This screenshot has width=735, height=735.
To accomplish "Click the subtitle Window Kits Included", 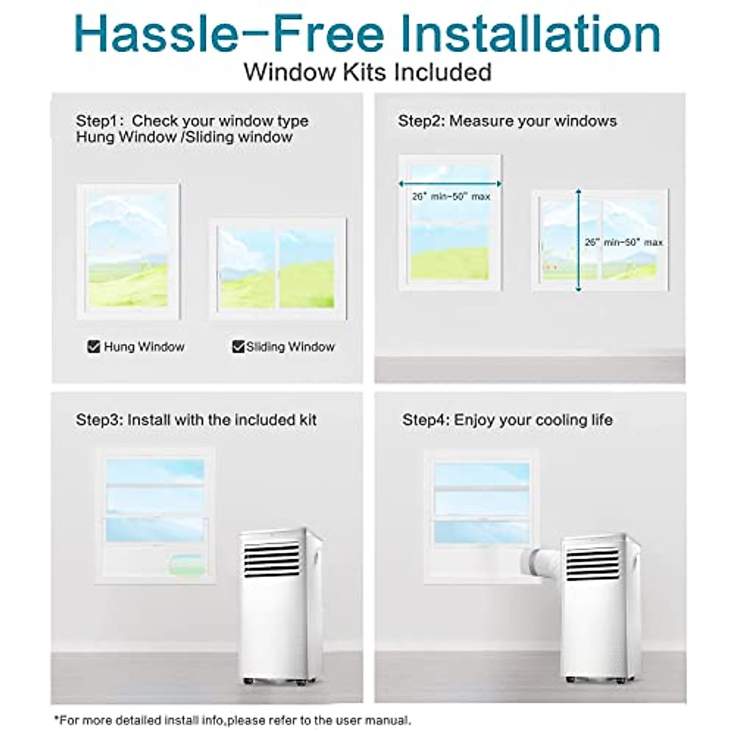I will coord(367,72).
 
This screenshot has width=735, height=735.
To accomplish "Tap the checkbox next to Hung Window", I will coord(94,347).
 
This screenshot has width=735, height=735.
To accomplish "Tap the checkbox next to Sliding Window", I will coord(238,347).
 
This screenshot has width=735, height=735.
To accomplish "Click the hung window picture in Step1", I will coord(129,251).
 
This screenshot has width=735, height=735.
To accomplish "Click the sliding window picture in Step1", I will coord(277,268).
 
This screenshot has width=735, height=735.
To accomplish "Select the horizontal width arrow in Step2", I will coord(450,183).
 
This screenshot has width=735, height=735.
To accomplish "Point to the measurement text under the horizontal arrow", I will coord(451,197).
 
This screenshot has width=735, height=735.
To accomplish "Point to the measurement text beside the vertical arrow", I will coord(624,243).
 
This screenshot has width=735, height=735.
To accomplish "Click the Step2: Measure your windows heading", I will coord(507,121).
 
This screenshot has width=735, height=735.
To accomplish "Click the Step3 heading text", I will coord(196,420).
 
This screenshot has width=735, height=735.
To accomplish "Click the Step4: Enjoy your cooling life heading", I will coord(507,420).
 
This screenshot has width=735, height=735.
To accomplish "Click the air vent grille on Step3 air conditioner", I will coord(271,557).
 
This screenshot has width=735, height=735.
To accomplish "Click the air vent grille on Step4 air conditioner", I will coord(592,563).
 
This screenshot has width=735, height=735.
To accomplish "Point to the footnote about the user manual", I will coord(233,720).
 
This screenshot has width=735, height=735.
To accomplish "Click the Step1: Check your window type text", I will coord(192,121).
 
